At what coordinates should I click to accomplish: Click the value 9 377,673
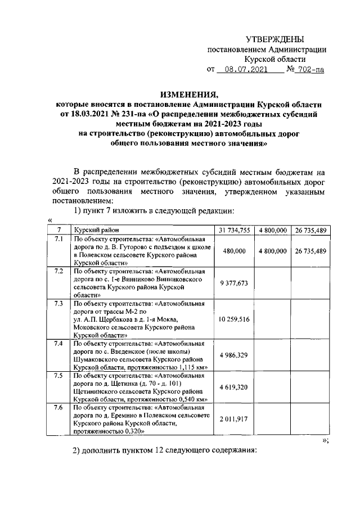(x=234, y=283)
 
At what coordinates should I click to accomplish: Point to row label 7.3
(x=57, y=304)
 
